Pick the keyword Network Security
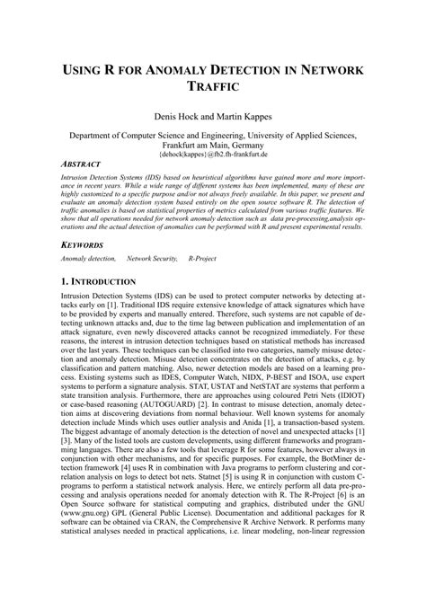click(150, 259)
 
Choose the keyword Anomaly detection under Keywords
click(88, 259)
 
